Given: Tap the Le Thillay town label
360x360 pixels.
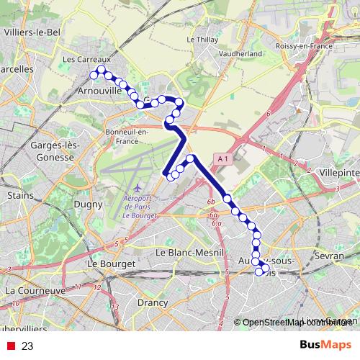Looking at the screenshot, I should click(202, 40).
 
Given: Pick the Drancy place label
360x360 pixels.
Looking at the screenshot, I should click(151, 303).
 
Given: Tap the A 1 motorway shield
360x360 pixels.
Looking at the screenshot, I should click(222, 158).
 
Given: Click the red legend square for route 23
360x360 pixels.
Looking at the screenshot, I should click(11, 346).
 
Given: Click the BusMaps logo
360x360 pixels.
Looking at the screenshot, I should click(326, 345).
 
